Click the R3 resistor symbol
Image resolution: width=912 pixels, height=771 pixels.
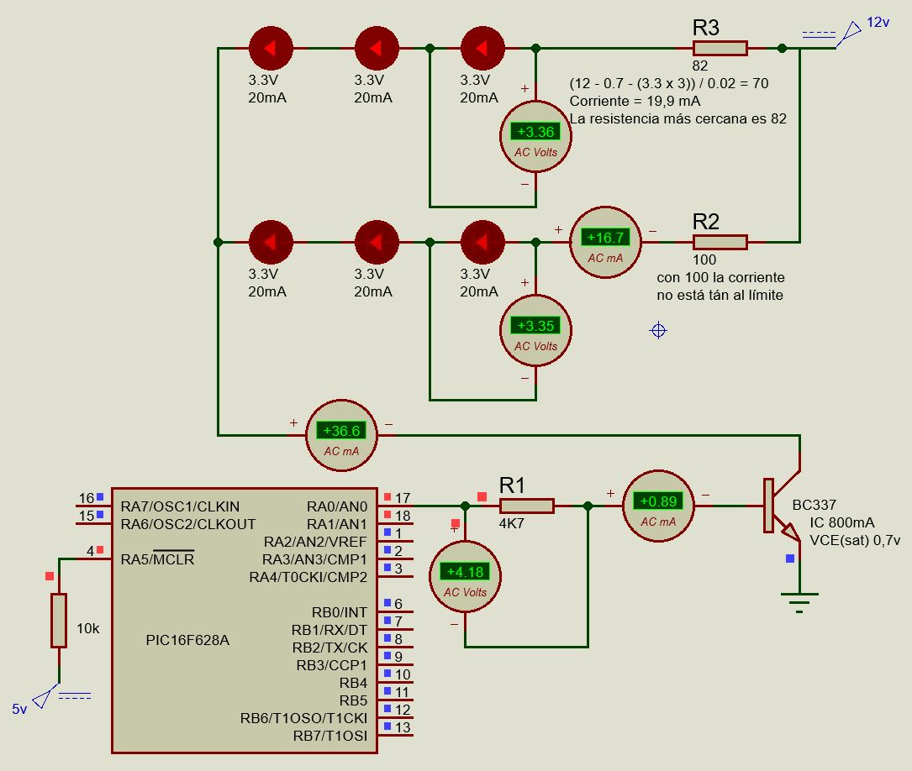pyautogui.click(x=720, y=48)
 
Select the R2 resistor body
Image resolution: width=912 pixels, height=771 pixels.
pyautogui.click(x=720, y=242)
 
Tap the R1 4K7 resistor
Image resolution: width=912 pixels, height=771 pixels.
pyautogui.click(x=526, y=506)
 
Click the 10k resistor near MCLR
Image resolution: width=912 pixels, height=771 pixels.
pyautogui.click(x=59, y=620)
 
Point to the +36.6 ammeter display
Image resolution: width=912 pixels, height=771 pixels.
pyautogui.click(x=341, y=431)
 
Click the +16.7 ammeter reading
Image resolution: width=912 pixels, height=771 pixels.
pyautogui.click(x=605, y=237)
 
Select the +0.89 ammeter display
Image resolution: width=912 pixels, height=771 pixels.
pyautogui.click(x=658, y=501)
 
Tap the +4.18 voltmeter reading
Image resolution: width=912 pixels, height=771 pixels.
pyautogui.click(x=465, y=572)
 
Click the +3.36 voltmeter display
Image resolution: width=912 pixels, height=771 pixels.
pyautogui.click(x=535, y=131)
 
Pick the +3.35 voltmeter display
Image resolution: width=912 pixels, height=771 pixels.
pyautogui.click(x=535, y=325)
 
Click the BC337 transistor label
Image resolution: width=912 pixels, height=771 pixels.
pyautogui.click(x=814, y=505)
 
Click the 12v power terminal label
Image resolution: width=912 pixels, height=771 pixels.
pyautogui.click(x=878, y=23)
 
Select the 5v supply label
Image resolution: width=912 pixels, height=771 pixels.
pyautogui.click(x=20, y=709)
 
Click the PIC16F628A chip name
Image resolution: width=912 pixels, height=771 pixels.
pyautogui.click(x=187, y=640)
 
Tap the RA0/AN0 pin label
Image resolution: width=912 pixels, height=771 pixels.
pyautogui.click(x=337, y=506)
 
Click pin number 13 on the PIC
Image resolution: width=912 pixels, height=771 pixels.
pyautogui.click(x=403, y=727)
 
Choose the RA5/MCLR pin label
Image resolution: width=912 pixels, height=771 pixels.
pyautogui.click(x=157, y=559)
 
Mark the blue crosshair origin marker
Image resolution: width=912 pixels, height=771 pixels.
pyautogui.click(x=658, y=330)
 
